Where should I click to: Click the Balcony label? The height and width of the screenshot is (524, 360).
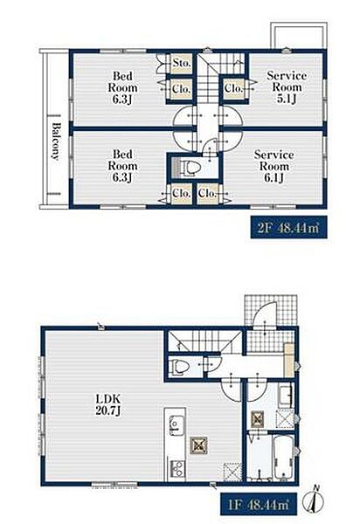[56, 141]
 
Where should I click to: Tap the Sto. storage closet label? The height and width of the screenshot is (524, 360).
[182, 63]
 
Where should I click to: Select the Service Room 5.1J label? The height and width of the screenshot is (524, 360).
[287, 86]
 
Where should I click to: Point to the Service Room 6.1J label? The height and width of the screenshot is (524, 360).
[273, 166]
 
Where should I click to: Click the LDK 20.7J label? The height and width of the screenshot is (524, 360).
[107, 404]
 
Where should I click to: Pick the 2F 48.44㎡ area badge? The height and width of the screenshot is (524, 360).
[288, 227]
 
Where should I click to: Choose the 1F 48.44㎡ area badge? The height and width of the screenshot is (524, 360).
[258, 504]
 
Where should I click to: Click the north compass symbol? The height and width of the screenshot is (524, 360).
[315, 500]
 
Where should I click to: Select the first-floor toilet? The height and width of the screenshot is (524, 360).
[178, 367]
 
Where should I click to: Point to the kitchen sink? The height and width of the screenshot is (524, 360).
[177, 424]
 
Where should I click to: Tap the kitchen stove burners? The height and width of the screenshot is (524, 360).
[177, 468]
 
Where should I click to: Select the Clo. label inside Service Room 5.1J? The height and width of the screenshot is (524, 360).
[233, 88]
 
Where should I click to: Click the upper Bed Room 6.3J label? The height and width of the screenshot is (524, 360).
[122, 87]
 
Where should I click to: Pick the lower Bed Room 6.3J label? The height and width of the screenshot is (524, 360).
[122, 166]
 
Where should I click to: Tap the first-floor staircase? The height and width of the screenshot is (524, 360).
[204, 341]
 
